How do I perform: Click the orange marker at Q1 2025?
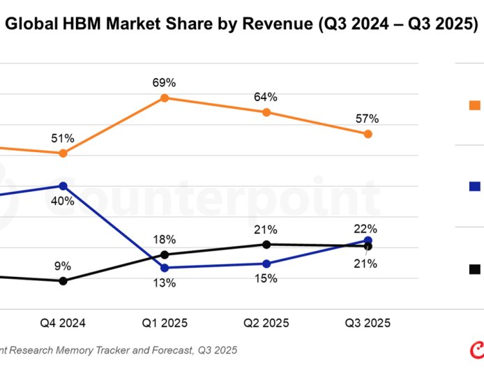coord(165,98)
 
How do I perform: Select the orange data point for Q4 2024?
coord(63,153)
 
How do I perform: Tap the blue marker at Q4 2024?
coord(63,186)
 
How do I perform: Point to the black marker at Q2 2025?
coord(266,244)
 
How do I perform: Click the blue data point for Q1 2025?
coord(165,268)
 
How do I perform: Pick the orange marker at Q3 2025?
coord(368,134)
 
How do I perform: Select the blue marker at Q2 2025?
coord(266,264)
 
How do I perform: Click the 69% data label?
coord(165,82)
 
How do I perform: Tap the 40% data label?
coord(63,202)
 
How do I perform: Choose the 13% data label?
coord(165,283)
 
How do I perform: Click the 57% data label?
coord(367,119)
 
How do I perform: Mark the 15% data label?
coord(266,278)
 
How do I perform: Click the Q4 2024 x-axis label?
coord(63,323)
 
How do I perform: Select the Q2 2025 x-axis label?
coord(266,323)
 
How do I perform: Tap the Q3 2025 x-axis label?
coord(368,323)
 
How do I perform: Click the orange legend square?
coord(475,105)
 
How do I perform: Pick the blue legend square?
coord(475,186)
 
